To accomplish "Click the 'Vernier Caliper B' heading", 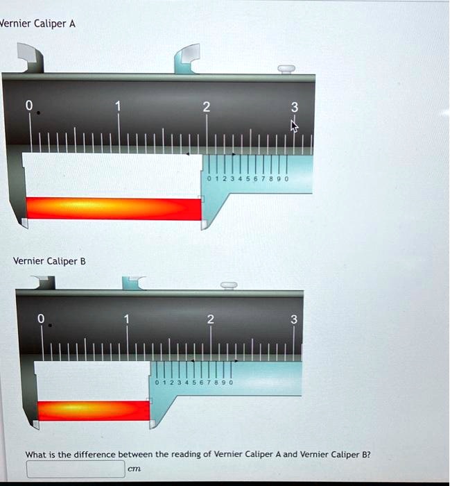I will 49,261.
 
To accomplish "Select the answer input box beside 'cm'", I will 76,469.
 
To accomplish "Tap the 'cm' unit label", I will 135,469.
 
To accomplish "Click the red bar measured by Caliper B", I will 94,410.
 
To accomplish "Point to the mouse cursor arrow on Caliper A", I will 294,126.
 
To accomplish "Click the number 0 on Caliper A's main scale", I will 28,106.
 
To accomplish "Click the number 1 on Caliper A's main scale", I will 119,106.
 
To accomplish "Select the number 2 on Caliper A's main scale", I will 205,107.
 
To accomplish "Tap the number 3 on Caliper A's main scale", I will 294,107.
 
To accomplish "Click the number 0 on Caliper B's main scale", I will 41,319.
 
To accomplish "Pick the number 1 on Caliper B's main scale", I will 126,319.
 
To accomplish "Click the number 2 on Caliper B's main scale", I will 210,319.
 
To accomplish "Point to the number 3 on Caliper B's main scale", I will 293,319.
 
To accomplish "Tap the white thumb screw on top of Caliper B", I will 229,285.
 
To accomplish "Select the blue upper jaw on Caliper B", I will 132,282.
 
